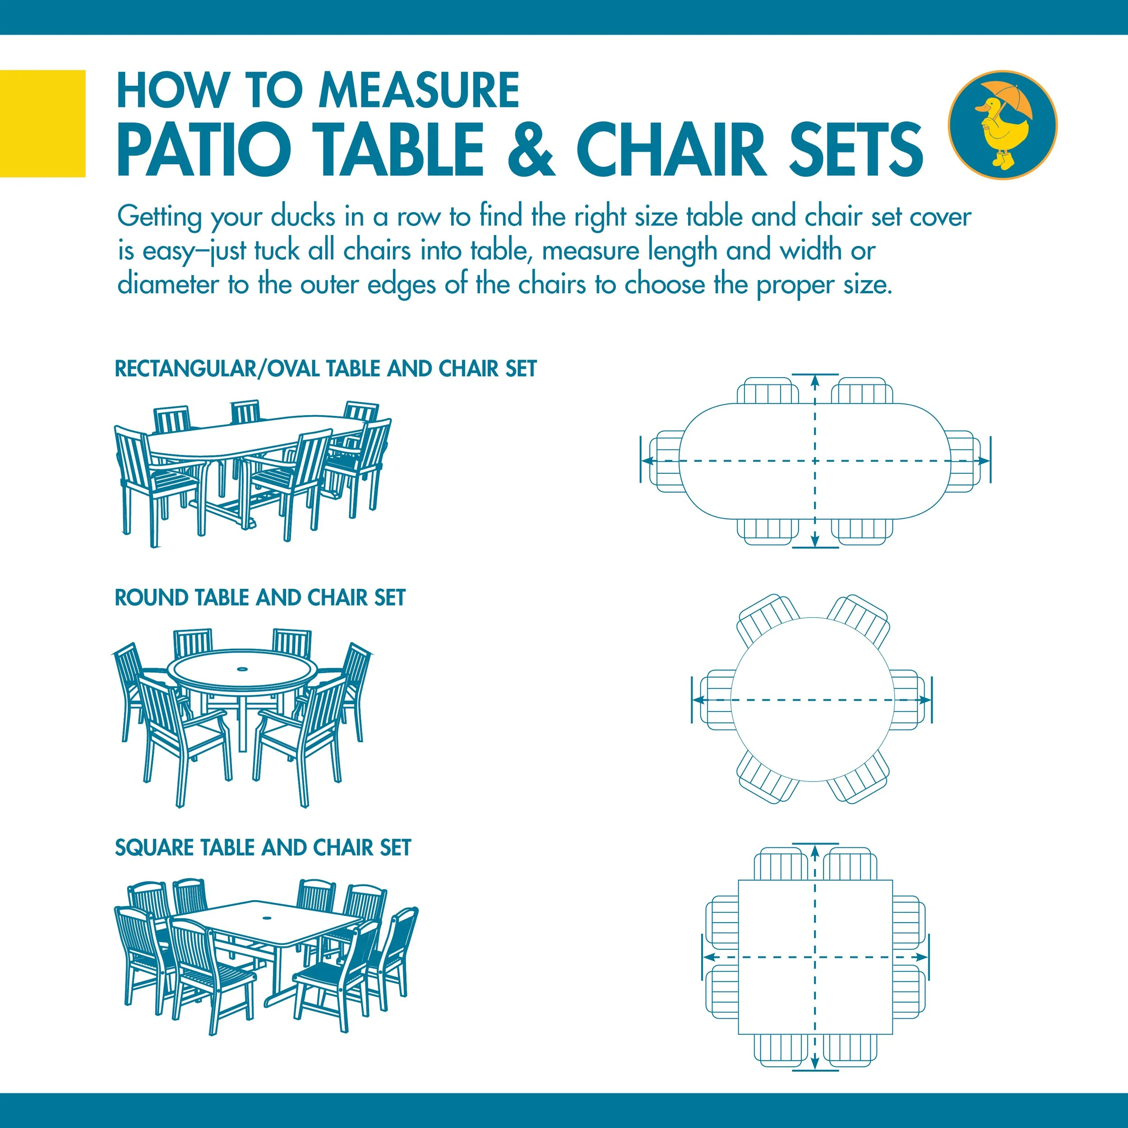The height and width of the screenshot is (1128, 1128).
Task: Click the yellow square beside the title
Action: pyautogui.click(x=42, y=123)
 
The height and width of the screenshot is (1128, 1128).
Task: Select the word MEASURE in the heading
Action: pyautogui.click(x=419, y=91)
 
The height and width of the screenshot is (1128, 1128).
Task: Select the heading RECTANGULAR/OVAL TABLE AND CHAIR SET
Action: pyautogui.click(x=325, y=369)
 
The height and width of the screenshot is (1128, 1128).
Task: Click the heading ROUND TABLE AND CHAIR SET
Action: pyautogui.click(x=260, y=598)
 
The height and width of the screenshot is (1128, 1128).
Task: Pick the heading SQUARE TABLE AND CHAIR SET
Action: pyautogui.click(x=263, y=848)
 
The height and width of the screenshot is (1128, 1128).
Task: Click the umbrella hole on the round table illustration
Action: pyautogui.click(x=241, y=667)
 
